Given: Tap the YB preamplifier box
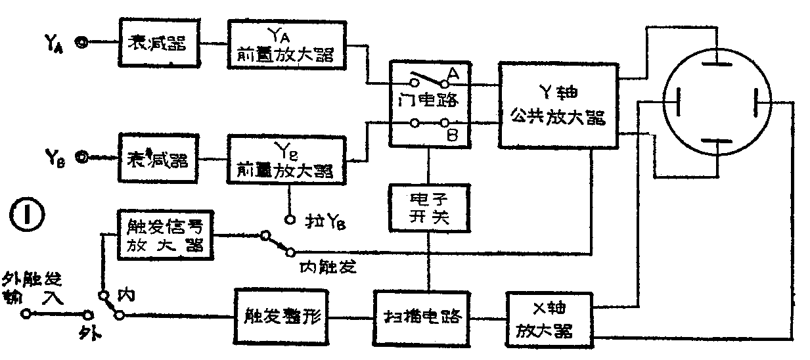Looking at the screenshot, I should pyautogui.click(x=287, y=160).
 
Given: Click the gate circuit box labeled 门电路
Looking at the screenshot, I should pyautogui.click(x=431, y=102).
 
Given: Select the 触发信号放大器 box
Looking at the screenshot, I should pyautogui.click(x=165, y=235).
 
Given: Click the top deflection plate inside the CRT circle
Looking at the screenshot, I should pyautogui.click(x=714, y=64).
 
